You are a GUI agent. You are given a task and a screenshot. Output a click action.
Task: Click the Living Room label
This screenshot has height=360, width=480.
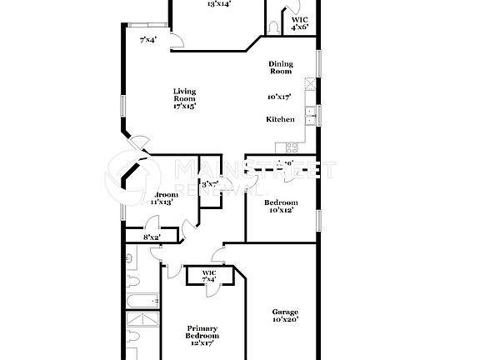(x=184, y=95)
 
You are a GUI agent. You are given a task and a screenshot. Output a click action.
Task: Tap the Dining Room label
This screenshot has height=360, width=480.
(x=280, y=67)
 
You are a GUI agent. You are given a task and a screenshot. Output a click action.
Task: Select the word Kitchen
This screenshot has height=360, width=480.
(x=280, y=119)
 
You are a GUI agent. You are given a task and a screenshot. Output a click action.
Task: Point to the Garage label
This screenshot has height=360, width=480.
(x=285, y=312)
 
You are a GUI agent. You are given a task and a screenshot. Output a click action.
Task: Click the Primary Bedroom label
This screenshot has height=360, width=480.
(x=202, y=331)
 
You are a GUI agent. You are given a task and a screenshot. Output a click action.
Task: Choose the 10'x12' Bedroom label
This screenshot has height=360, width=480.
(x=281, y=202)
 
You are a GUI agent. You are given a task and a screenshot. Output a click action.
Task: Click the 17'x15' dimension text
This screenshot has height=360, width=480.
(x=184, y=106)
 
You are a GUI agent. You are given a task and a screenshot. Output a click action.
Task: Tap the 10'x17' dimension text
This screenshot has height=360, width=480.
(x=279, y=97)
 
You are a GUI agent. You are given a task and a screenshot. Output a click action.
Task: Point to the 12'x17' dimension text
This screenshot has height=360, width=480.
(x=202, y=342)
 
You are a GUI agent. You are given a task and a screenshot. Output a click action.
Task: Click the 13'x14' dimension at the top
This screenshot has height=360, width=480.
(x=219, y=3)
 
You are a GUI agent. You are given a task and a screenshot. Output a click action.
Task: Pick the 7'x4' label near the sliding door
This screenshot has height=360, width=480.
(x=148, y=39)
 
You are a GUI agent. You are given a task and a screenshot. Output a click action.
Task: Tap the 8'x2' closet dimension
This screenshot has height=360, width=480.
(x=152, y=237)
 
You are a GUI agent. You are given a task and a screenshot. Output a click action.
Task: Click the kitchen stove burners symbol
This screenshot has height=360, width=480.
(x=310, y=83)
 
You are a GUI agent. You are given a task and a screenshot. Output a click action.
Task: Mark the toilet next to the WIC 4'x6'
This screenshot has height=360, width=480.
(x=275, y=27)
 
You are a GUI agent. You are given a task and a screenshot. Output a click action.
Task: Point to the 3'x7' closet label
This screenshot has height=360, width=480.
(x=208, y=182)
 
